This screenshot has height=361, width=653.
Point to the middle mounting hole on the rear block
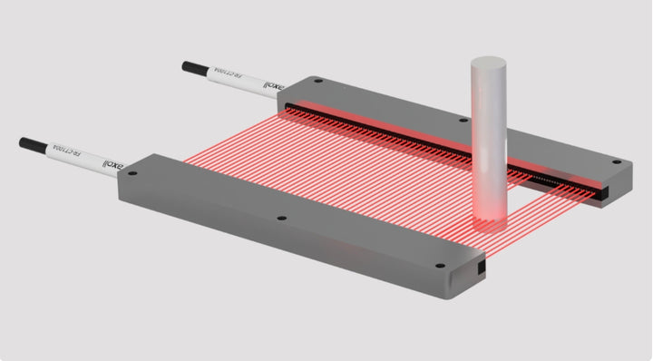pyautogui.click(x=463, y=118)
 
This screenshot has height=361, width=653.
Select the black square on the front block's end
pyautogui.click(x=481, y=268)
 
